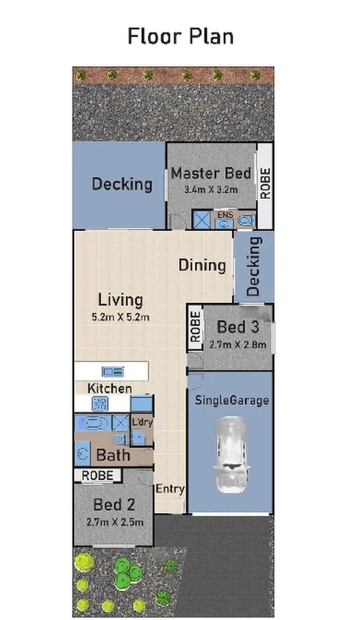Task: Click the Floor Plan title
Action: click(x=180, y=36)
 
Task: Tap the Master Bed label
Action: click(x=211, y=173)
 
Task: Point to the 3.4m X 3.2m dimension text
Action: click(x=211, y=190)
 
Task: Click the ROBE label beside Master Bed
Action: click(x=266, y=184)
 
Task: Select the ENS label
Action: click(x=225, y=214)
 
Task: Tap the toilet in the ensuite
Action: click(x=245, y=221)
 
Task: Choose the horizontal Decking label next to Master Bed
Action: click(x=122, y=185)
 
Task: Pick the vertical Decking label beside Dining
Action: click(x=254, y=266)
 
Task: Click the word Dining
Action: click(x=201, y=266)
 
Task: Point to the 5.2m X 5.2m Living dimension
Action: click(x=120, y=317)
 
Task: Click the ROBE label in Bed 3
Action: click(x=195, y=328)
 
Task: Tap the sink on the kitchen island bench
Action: click(x=113, y=371)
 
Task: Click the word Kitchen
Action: click(x=109, y=388)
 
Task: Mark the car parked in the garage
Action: click(x=230, y=453)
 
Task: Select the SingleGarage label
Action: click(x=231, y=401)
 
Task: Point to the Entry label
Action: click(x=170, y=489)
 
